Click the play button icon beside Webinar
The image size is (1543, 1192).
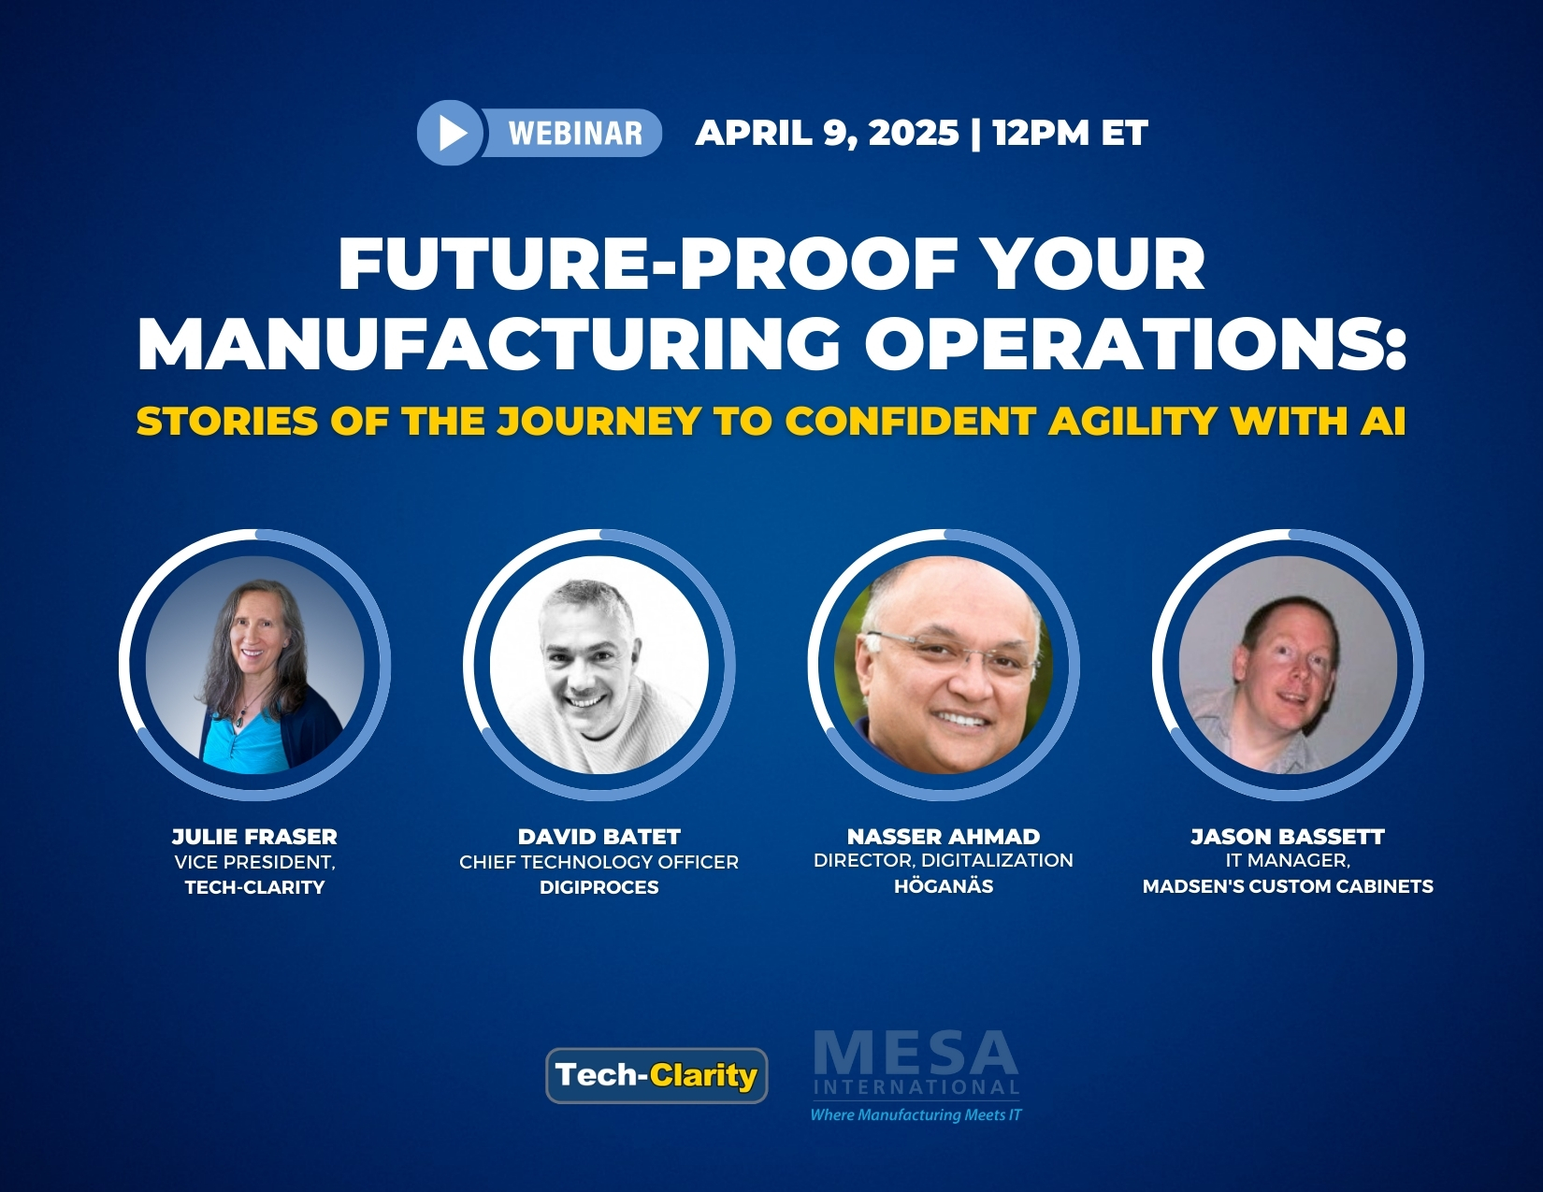[450, 133]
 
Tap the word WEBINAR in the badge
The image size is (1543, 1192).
[575, 133]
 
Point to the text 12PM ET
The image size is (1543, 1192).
[1070, 133]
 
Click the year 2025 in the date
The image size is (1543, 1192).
[913, 133]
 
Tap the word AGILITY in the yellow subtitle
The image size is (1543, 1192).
[1132, 421]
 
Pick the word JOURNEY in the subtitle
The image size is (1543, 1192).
[599, 421]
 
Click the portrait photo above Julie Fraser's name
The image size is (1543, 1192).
[255, 665]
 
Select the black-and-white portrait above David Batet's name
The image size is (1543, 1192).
[599, 665]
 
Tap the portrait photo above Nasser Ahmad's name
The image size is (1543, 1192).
[944, 665]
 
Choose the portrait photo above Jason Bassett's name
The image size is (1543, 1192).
[1288, 665]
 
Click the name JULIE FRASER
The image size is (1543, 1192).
[255, 837]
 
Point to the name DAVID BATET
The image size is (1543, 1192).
[599, 837]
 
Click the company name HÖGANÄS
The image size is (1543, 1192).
[944, 886]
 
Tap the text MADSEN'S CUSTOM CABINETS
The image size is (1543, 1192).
[1288, 886]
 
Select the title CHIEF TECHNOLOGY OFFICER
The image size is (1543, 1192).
[599, 862]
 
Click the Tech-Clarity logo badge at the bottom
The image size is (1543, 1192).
[656, 1075]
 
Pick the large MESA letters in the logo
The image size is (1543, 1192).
[916, 1055]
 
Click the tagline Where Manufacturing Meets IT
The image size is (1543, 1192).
[916, 1114]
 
